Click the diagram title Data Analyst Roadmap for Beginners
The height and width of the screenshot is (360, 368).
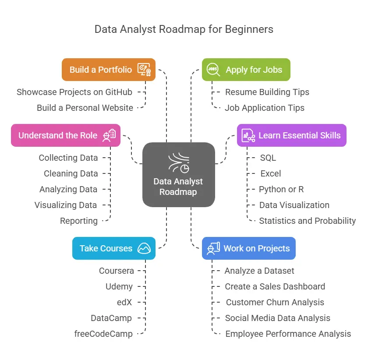[184, 29]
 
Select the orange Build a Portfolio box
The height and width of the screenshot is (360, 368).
[109, 70]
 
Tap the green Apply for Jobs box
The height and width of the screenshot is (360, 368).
[246, 70]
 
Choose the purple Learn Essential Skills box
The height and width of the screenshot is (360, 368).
[292, 135]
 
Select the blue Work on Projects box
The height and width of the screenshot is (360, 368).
[249, 248]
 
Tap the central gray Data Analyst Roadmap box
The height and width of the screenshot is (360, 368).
[178, 175]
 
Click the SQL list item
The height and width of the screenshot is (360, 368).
[268, 158]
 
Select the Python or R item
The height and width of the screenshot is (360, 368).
[281, 189]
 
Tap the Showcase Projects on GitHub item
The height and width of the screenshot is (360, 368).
[74, 92]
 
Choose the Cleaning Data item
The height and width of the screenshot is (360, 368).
[71, 173]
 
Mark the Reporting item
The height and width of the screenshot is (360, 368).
[79, 221]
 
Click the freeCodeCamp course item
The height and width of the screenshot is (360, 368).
[103, 334]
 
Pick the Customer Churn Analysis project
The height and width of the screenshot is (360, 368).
[275, 302]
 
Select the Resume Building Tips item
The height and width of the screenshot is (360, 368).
[267, 92]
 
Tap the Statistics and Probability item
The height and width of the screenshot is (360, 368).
[307, 221]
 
